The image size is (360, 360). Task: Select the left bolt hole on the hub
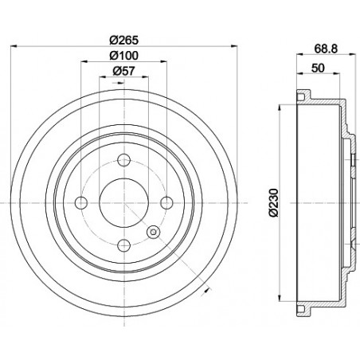(x=80, y=203)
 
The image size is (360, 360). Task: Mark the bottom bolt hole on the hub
(x=122, y=245)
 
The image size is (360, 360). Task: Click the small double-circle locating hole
(x=153, y=233)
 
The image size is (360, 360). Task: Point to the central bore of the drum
(x=122, y=203)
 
